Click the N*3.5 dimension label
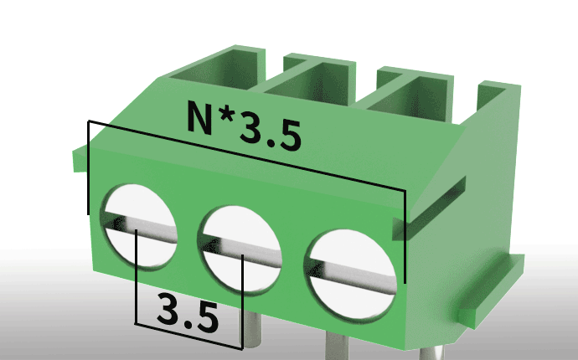pyautogui.click(x=245, y=126)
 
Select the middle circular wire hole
pyautogui.click(x=240, y=249)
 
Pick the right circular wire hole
pyautogui.click(x=350, y=274)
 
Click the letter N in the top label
pyautogui.click(x=200, y=117)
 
